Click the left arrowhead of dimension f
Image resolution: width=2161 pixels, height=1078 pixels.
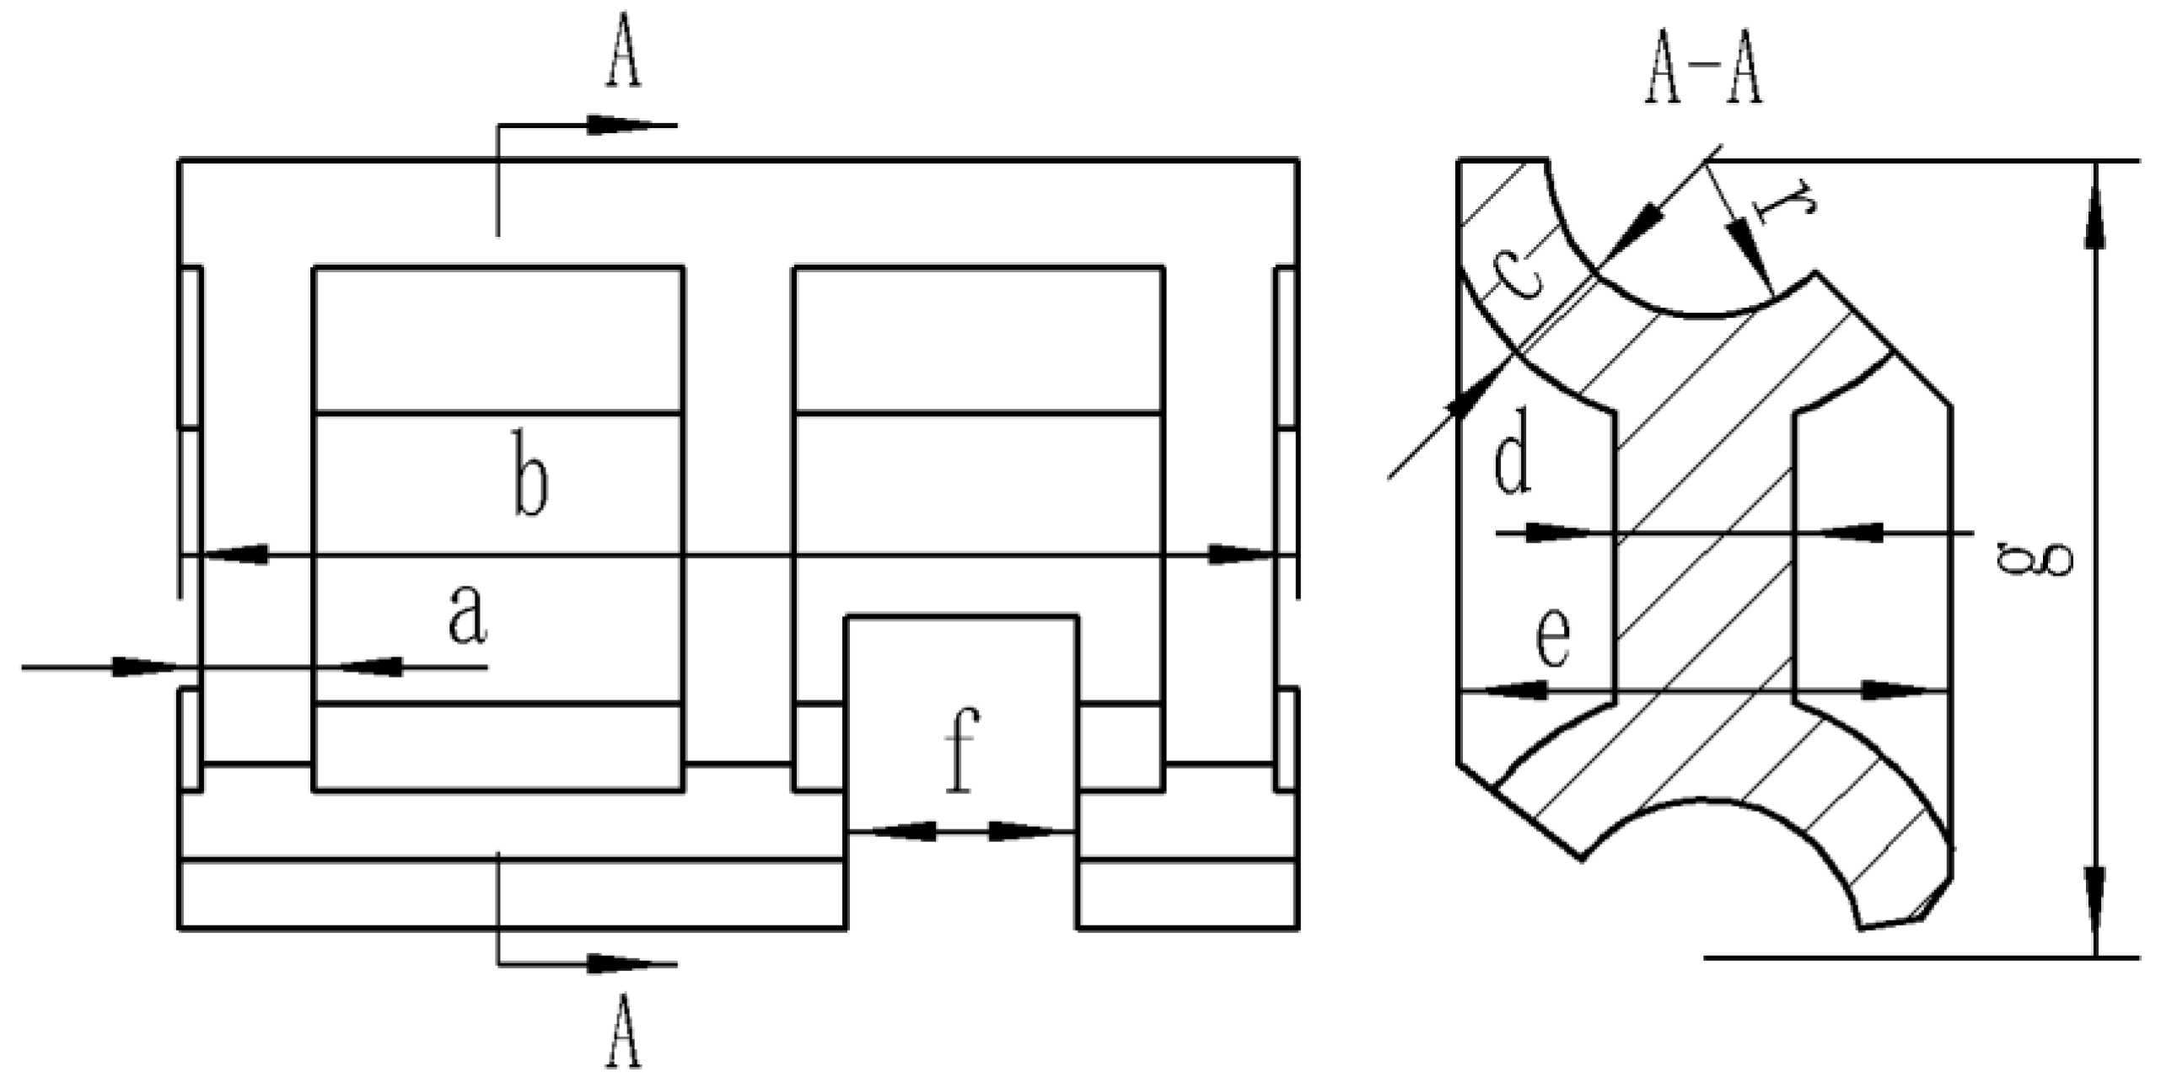902,831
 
